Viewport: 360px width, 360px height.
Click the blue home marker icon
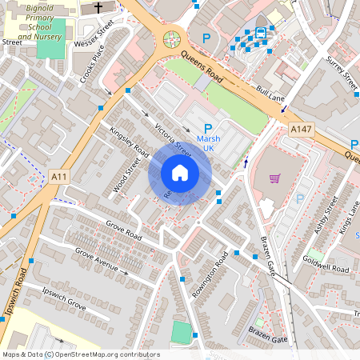(x=179, y=172)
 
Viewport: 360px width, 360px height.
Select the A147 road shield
(x=302, y=130)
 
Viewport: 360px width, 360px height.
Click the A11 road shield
(x=58, y=176)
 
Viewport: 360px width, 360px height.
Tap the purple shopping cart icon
(x=274, y=178)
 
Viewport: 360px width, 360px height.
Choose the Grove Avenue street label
(x=102, y=261)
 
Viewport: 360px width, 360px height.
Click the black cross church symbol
(x=98, y=8)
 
